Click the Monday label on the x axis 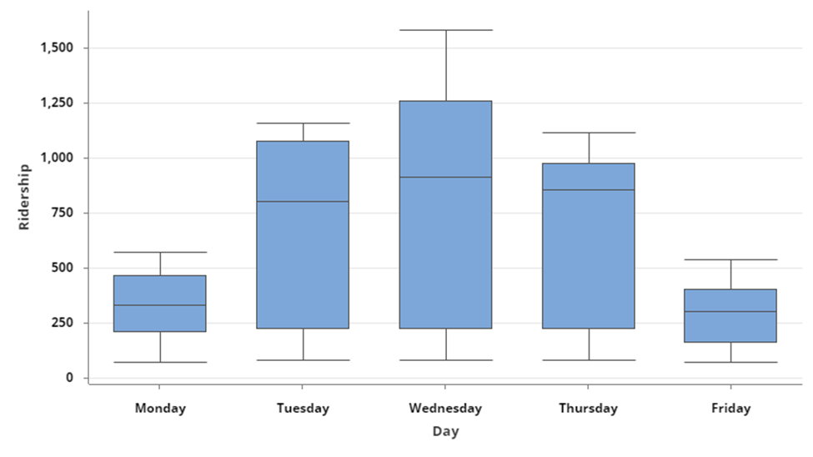[160, 409]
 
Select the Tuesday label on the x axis [303, 409]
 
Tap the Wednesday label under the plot [445, 409]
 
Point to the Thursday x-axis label [588, 409]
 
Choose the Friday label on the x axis [730, 409]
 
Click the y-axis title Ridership [24, 197]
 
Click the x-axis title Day [445, 432]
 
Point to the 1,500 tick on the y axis [57, 48]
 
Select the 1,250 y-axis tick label [57, 103]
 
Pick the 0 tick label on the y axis [70, 378]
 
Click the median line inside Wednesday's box [445, 177]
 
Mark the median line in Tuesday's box [303, 201]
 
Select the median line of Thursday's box [588, 189]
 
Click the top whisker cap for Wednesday [445, 30]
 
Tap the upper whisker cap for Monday [160, 252]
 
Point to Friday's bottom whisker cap [730, 362]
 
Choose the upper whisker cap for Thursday [588, 133]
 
